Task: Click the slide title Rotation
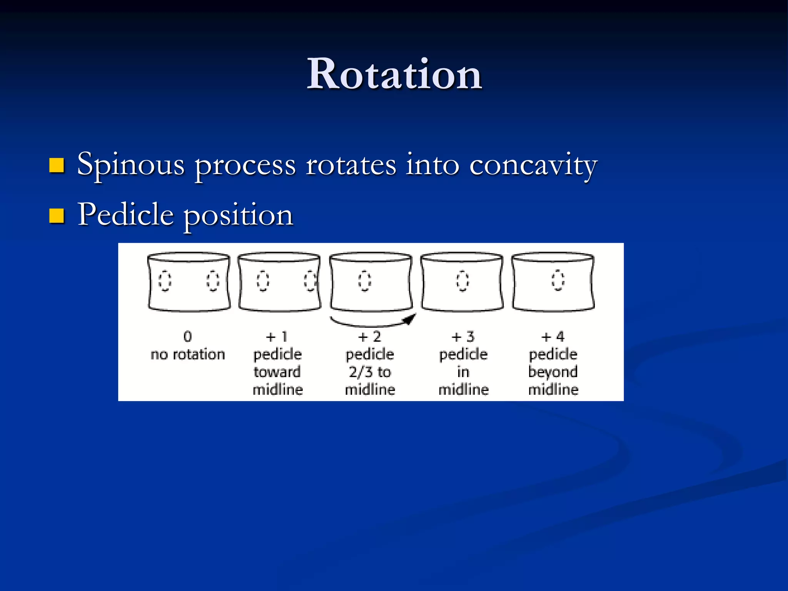(x=394, y=74)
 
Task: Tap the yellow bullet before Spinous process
(x=57, y=165)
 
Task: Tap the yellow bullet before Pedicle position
(x=57, y=216)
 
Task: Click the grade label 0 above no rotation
(x=187, y=337)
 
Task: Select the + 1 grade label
(x=277, y=337)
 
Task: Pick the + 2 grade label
(x=369, y=337)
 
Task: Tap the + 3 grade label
(x=463, y=337)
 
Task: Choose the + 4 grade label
(x=553, y=337)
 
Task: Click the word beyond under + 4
(x=553, y=372)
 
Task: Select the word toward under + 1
(x=277, y=372)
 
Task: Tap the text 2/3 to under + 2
(x=370, y=372)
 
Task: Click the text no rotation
(x=188, y=354)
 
